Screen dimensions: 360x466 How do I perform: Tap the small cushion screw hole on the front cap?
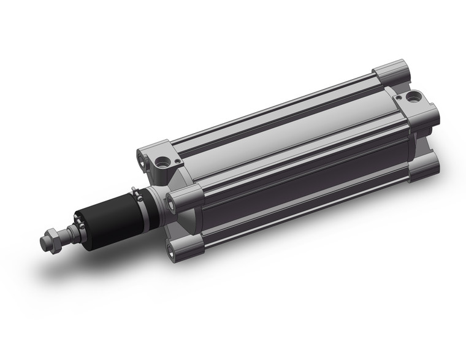click(x=176, y=161)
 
